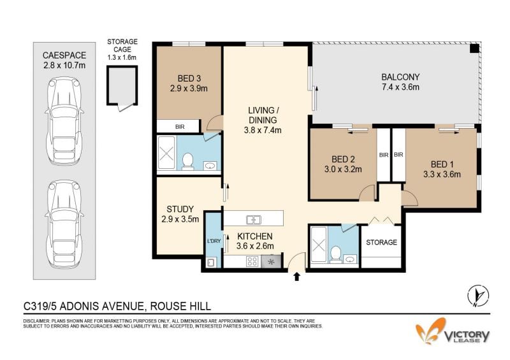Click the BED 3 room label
(x=189, y=78)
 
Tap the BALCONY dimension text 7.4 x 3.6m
(x=400, y=87)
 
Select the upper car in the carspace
(x=64, y=121)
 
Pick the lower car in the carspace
(x=64, y=224)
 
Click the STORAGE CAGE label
(x=122, y=45)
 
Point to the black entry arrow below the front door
(x=296, y=277)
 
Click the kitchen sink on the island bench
(x=254, y=220)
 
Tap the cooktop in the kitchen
(x=252, y=261)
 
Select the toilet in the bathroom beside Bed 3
(x=187, y=161)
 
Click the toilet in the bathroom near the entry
(x=335, y=254)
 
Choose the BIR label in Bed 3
(x=180, y=127)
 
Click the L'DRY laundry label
(x=214, y=241)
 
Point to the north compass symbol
(x=477, y=296)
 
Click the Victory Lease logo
(x=453, y=331)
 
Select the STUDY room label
(x=180, y=209)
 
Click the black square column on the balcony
(x=474, y=48)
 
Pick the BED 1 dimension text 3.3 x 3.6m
(x=442, y=175)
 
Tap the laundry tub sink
(x=210, y=262)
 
